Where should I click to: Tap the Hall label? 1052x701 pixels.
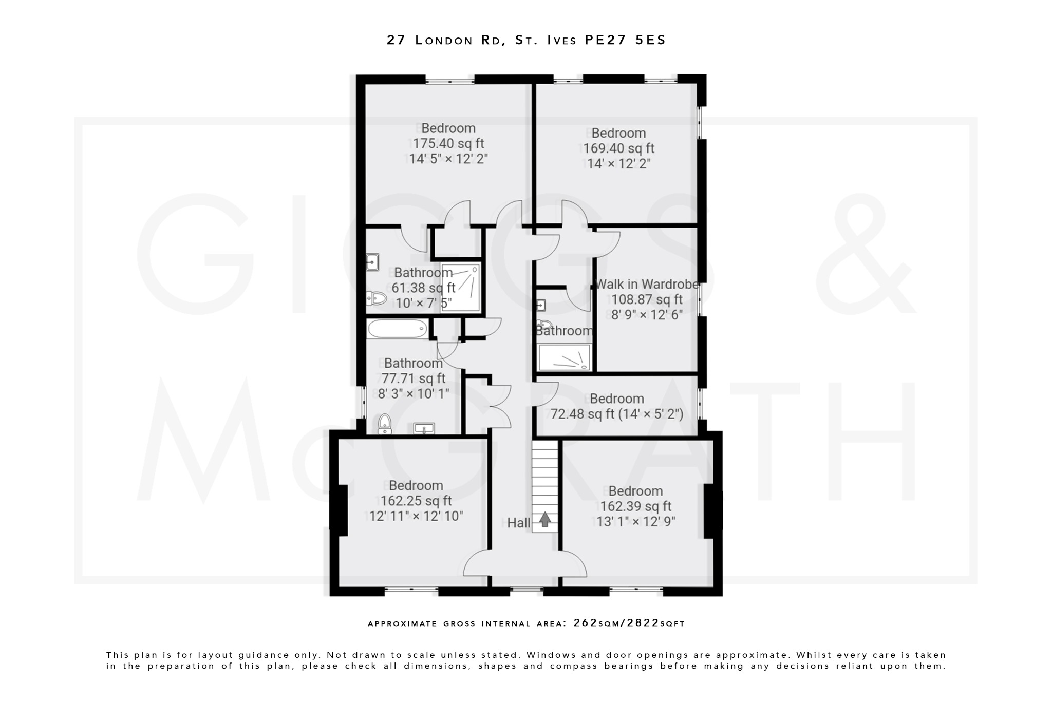coord(518,523)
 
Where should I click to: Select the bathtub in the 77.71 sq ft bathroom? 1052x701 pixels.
coord(397,329)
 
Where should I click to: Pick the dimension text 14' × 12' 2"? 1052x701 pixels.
coord(618,163)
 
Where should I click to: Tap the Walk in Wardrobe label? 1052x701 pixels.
coord(647,284)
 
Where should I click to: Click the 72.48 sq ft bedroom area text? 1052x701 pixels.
coord(582,414)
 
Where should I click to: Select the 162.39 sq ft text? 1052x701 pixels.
coord(635,506)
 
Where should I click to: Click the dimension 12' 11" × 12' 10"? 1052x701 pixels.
coord(416,516)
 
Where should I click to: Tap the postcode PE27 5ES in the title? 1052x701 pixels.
coord(625,40)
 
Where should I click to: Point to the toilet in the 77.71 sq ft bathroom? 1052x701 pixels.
coord(384,424)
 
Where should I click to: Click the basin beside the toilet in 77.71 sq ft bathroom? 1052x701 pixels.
coord(424,428)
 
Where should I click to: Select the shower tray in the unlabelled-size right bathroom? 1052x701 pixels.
coord(564,357)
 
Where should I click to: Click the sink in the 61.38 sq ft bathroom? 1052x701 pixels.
coord(372,262)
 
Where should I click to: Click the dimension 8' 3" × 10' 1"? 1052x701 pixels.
coord(414,393)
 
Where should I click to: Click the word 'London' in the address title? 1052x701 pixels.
coord(444,40)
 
